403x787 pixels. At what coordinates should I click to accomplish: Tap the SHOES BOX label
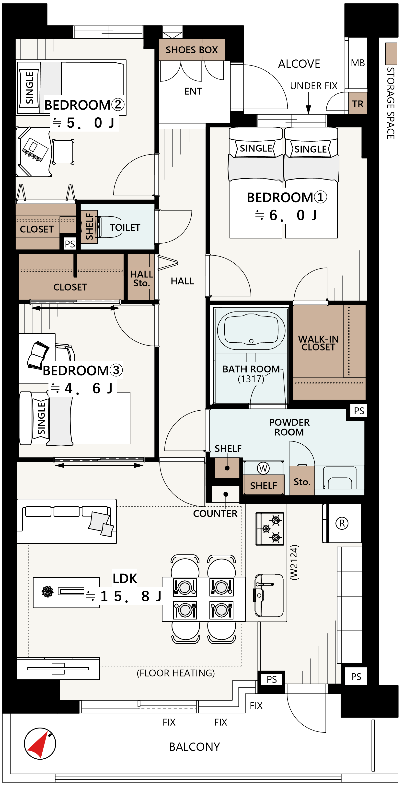[x=192, y=50]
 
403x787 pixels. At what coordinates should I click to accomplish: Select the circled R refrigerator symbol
[x=342, y=523]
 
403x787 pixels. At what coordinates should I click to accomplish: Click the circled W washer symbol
[x=263, y=468]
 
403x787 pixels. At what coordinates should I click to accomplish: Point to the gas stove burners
[x=270, y=529]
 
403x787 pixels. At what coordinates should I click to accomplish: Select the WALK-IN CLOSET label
[x=318, y=343]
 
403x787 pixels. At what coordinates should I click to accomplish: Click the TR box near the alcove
[x=358, y=103]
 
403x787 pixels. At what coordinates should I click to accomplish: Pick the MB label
[x=358, y=63]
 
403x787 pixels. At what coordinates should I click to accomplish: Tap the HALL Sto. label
[x=141, y=278]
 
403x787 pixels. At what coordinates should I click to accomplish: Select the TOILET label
[x=125, y=227]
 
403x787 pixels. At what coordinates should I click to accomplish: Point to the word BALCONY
[x=195, y=747]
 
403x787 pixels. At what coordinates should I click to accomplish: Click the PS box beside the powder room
[x=359, y=411]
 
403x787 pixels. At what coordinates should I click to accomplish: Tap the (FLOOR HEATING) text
[x=175, y=673]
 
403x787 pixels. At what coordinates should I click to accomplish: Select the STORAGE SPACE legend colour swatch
[x=391, y=54]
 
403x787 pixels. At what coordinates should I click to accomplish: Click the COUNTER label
[x=215, y=514]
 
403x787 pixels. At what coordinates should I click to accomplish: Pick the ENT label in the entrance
[x=193, y=91]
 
